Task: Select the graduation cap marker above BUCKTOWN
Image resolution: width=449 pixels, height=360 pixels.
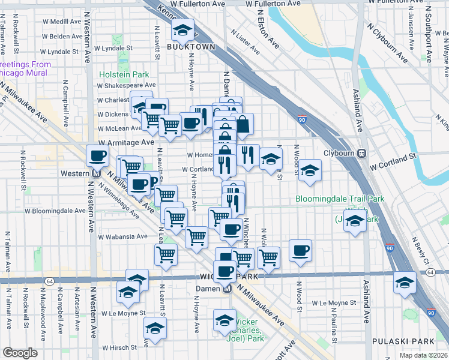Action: click(182, 30)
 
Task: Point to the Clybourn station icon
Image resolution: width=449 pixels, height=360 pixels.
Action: click(362, 153)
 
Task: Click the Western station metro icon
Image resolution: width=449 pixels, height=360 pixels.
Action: click(96, 173)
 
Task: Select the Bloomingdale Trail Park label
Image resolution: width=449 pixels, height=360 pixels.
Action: click(340, 199)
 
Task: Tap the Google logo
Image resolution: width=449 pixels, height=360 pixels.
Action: click(20, 353)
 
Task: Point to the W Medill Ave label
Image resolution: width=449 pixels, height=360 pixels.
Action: click(67, 22)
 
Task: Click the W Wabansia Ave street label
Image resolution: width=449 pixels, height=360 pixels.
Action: click(124, 236)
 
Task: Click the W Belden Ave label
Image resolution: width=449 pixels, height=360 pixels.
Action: click(67, 37)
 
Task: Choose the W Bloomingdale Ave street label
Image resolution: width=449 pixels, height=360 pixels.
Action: click(56, 211)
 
